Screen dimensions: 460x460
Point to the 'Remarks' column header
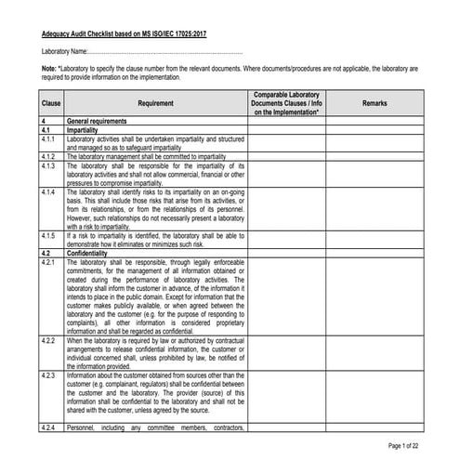(374, 102)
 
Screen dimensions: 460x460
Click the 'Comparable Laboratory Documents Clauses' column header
(286, 102)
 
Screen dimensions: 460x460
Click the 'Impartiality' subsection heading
(84, 131)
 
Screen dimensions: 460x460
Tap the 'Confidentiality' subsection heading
(89, 252)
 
